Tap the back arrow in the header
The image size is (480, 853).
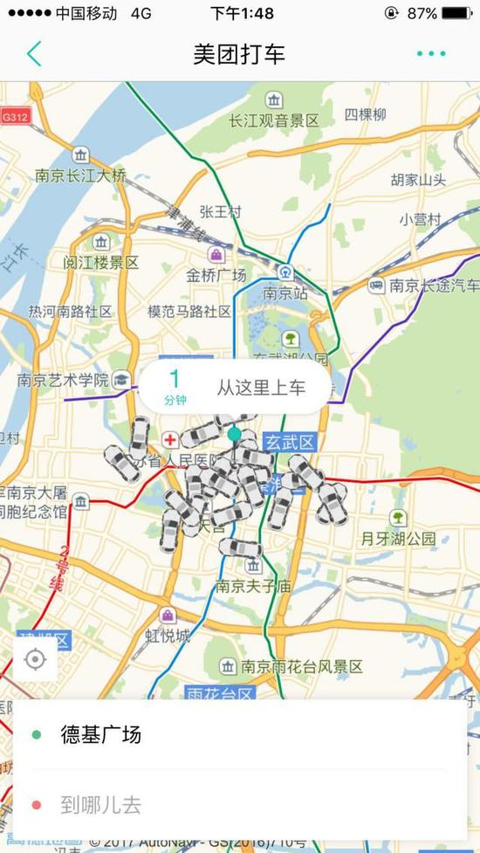pyautogui.click(x=34, y=54)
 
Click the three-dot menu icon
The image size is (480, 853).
pyautogui.click(x=431, y=54)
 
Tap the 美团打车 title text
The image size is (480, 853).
pyautogui.click(x=239, y=54)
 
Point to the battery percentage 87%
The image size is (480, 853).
pyautogui.click(x=422, y=13)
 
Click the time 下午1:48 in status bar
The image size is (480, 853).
pyautogui.click(x=242, y=13)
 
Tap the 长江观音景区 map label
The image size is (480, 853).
pyautogui.click(x=274, y=120)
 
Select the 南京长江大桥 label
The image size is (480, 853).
pyautogui.click(x=80, y=175)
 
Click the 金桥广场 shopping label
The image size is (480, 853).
pyautogui.click(x=216, y=274)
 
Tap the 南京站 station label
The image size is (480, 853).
pyautogui.click(x=287, y=292)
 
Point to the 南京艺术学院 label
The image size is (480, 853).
pyautogui.click(x=63, y=380)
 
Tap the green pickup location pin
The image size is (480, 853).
pyautogui.click(x=234, y=435)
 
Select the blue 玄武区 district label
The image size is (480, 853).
pyautogui.click(x=289, y=444)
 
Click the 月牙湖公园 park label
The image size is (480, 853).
pyautogui.click(x=398, y=539)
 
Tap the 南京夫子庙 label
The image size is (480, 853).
pyautogui.click(x=253, y=585)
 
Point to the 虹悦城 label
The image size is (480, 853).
pyautogui.click(x=168, y=636)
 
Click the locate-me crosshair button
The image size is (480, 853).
pyautogui.click(x=35, y=659)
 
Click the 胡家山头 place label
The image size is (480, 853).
pyautogui.click(x=418, y=180)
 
